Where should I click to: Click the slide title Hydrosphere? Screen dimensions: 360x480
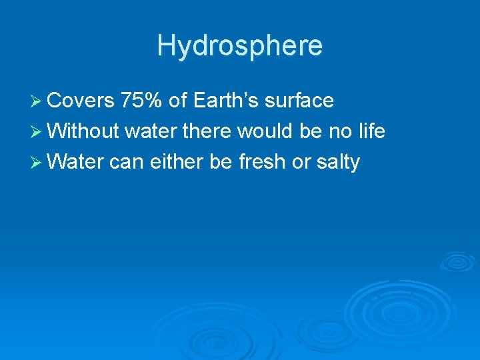pyautogui.click(x=240, y=45)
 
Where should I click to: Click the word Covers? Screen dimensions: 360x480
pyautogui.click(x=81, y=101)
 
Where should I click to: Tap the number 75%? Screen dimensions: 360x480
pyautogui.click(x=142, y=101)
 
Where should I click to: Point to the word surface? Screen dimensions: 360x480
pyautogui.click(x=299, y=101)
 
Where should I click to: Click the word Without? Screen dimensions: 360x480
pyautogui.click(x=83, y=131)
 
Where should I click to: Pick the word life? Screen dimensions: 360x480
pyautogui.click(x=370, y=131)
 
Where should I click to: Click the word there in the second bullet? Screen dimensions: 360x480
pyautogui.click(x=206, y=131)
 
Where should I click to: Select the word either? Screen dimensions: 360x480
pyautogui.click(x=169, y=162)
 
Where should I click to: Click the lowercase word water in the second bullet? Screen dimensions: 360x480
pyautogui.click(x=151, y=131)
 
